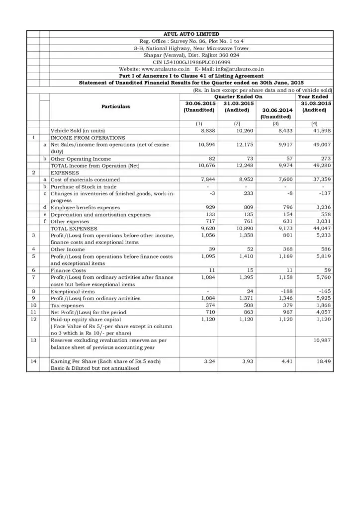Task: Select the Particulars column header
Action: point(116,106)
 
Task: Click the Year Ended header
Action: point(313,96)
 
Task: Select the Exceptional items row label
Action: point(73,291)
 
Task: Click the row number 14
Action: point(33,361)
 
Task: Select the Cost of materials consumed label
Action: point(85,179)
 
